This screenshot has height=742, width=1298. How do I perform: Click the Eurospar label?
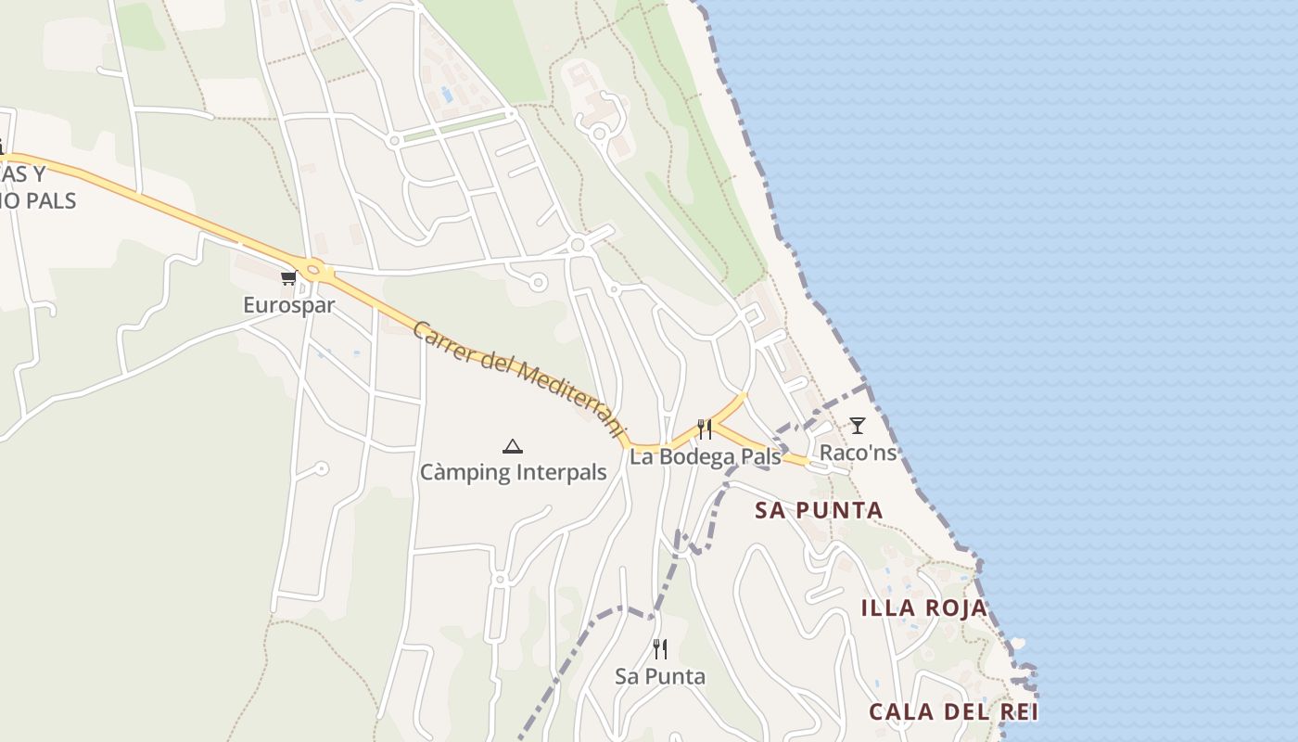click(288, 304)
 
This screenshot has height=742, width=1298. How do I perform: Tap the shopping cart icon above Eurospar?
click(288, 277)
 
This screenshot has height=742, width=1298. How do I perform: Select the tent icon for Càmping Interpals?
click(513, 446)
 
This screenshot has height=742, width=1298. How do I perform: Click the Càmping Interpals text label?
click(513, 472)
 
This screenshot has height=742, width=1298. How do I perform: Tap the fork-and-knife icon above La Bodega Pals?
click(705, 429)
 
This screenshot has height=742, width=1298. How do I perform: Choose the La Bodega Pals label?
click(705, 456)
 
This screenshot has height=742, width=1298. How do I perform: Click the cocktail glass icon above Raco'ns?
click(858, 426)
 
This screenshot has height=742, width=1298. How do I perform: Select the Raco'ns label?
click(858, 453)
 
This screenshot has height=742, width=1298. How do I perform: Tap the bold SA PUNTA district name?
click(819, 510)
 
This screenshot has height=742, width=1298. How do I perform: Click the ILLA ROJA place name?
click(923, 608)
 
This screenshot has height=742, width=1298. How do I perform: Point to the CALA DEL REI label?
click(953, 712)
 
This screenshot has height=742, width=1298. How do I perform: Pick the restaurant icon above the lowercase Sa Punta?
click(660, 648)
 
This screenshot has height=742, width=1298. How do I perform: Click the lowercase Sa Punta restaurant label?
click(660, 676)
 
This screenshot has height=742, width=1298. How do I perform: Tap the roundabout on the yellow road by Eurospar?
click(313, 271)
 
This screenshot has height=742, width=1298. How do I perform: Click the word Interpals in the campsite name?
click(561, 472)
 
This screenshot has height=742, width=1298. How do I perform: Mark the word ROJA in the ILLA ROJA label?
click(955, 608)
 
